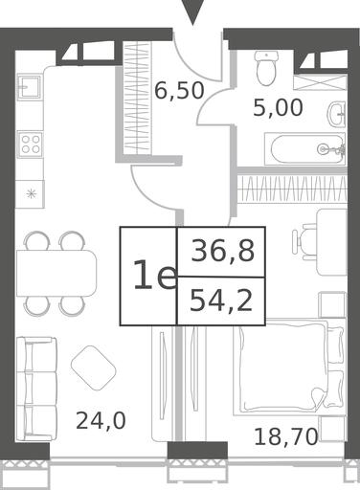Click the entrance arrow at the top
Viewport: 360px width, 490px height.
192,12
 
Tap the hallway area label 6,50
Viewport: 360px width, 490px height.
179,90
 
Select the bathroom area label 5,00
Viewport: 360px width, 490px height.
278,107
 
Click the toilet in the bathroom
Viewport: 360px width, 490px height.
266,68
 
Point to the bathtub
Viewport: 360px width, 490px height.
305,149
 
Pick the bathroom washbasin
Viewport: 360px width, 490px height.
337,114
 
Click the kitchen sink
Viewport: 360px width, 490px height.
29,86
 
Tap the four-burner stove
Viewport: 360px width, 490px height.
31,145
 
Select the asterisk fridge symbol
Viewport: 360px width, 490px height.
31,193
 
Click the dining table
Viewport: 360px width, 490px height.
56,274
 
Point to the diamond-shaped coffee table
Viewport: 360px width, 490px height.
93,368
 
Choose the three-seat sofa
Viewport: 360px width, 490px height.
36,389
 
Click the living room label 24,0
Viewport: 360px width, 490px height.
101,420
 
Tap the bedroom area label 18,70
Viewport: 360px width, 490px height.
286,436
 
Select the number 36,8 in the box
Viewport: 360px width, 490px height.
223,251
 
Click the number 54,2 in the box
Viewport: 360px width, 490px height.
221,301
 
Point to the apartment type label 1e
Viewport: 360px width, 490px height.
155,275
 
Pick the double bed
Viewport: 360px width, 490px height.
289,367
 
